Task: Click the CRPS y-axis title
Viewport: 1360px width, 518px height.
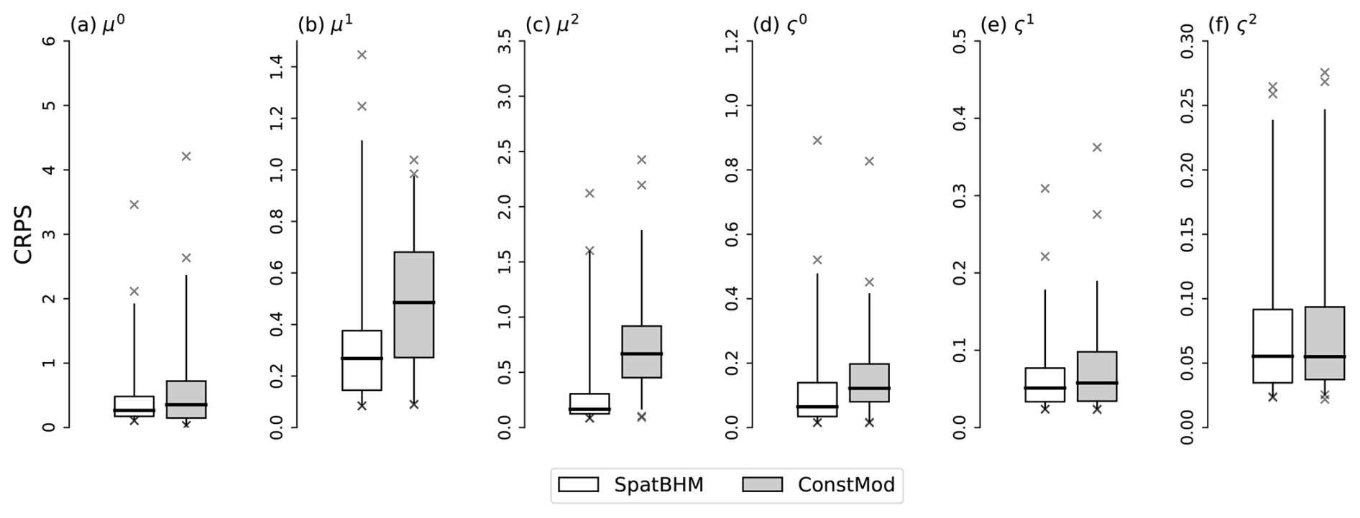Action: [23, 235]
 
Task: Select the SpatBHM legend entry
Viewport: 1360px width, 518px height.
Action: [629, 485]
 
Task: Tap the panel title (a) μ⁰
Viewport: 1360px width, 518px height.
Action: [98, 25]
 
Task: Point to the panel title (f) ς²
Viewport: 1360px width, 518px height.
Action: [1232, 25]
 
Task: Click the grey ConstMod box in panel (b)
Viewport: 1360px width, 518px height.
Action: [414, 304]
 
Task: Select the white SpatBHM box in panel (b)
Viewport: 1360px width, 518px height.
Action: [362, 360]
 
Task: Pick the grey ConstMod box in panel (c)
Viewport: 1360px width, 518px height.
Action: [641, 351]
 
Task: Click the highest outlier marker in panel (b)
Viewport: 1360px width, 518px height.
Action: [362, 55]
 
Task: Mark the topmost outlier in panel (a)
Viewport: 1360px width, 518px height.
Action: [186, 156]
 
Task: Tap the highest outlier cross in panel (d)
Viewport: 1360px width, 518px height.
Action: [817, 140]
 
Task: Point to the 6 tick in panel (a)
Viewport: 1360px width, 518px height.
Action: [50, 41]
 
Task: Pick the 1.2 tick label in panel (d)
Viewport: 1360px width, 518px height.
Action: [732, 41]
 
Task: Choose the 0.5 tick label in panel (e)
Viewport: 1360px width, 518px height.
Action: [960, 41]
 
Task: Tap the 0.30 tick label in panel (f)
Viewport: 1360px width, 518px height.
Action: [1187, 41]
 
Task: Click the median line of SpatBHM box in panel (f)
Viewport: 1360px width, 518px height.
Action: [1272, 356]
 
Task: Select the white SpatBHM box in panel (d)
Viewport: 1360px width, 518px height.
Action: [817, 399]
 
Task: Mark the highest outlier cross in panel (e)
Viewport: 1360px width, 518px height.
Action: [1097, 147]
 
